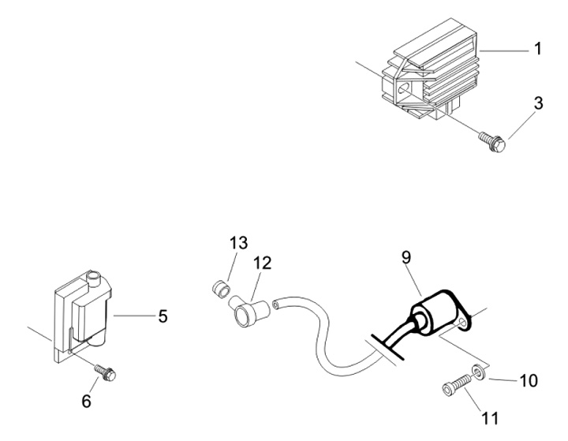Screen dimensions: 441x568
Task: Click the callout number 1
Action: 537,49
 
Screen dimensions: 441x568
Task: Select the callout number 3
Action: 537,103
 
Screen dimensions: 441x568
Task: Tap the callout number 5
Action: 163,316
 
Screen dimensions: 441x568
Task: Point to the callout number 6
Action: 87,401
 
